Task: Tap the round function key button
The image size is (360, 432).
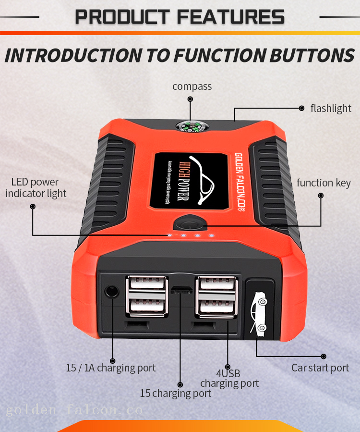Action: pos(190,224)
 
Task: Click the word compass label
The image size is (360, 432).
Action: pos(192,86)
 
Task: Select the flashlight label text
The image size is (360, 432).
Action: pos(331,108)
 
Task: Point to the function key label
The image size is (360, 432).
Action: pos(324,183)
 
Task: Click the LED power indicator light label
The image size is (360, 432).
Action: pos(36,187)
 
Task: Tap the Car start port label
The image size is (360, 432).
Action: pos(320,368)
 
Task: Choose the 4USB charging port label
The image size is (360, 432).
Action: pos(229,378)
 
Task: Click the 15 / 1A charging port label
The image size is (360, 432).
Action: pos(111,368)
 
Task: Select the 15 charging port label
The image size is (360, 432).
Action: pos(176,393)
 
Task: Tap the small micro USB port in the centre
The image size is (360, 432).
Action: pos(182,290)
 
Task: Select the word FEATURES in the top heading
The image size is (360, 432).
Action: pos(231,17)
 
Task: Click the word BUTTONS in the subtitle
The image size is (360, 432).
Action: pos(311,55)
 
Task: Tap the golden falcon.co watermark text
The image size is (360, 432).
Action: pos(74,410)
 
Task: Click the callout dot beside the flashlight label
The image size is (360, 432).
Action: pos(301,109)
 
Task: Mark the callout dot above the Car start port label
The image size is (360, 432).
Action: pos(324,356)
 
